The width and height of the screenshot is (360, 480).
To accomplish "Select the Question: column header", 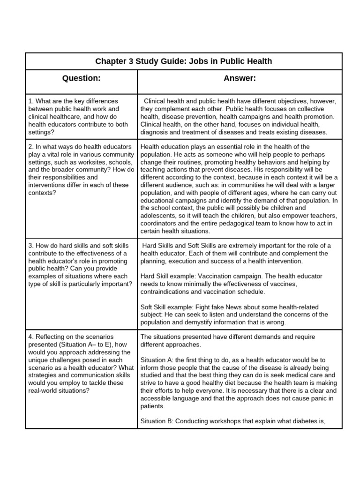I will tap(81, 78).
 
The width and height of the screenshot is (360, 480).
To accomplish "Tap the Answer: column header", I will tap(240, 78).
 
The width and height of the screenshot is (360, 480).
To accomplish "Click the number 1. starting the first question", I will tap(31, 101).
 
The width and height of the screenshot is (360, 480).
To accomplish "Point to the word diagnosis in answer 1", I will tap(157, 132).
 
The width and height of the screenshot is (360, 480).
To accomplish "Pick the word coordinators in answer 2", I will tap(159, 223).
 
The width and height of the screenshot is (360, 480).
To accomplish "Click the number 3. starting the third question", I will tap(31, 246).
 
